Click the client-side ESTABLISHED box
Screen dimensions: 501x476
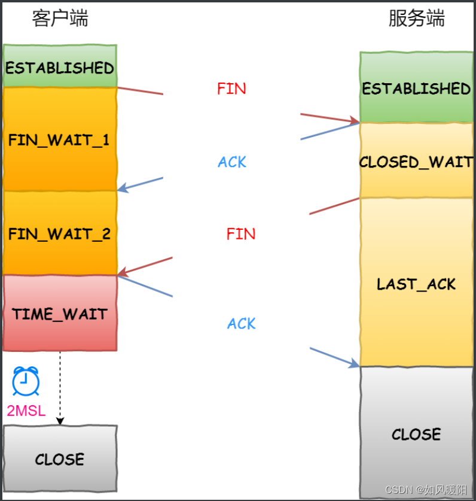[59, 66]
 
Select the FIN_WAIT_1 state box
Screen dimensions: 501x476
[59, 140]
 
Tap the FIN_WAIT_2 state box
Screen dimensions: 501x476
[59, 233]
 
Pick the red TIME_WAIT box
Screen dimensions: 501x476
[59, 314]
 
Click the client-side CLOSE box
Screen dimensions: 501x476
[59, 459]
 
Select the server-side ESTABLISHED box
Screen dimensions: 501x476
[416, 88]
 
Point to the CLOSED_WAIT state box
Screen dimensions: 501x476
[416, 162]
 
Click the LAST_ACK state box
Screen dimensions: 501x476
[416, 283]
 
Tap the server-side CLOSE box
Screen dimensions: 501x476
[416, 433]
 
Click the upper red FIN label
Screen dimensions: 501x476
[231, 89]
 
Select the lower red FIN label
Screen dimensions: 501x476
[241, 234]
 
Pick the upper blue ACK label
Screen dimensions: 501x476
[232, 162]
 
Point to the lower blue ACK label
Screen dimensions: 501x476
[242, 324]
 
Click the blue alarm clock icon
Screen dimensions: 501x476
[26, 381]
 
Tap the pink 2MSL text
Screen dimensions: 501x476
[26, 411]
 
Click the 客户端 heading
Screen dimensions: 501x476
[60, 19]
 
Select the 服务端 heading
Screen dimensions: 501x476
[417, 19]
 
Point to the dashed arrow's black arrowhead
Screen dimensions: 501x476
[60, 421]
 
